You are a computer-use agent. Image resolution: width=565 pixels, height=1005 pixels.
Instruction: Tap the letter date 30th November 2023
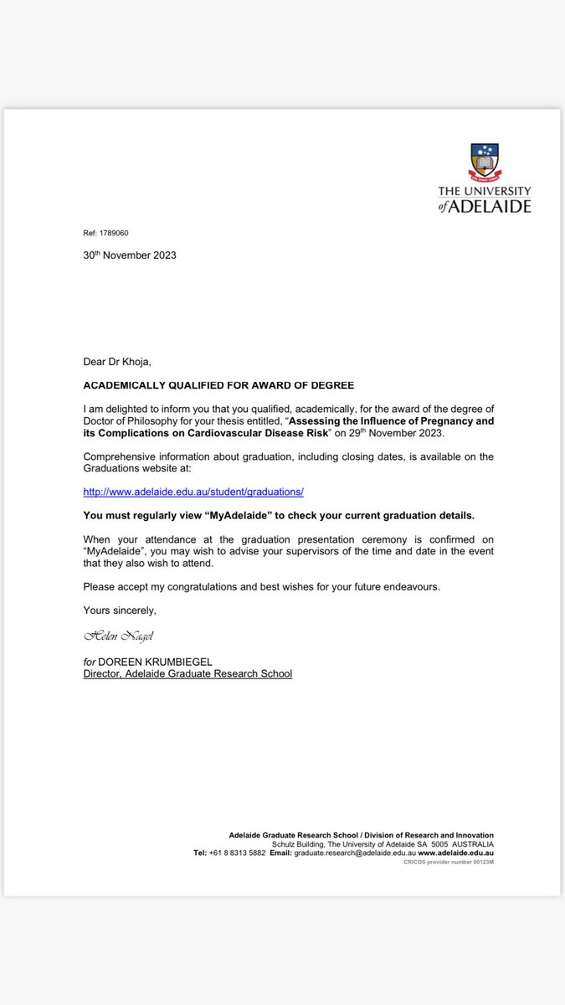point(130,255)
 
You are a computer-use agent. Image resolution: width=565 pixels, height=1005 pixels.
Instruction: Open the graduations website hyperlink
point(193,492)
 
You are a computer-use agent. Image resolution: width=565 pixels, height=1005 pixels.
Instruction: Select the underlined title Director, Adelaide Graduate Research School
point(187,673)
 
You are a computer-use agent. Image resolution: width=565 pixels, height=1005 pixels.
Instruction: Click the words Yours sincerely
point(120,610)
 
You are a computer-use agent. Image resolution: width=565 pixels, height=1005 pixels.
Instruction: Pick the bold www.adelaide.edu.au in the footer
point(455,853)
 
